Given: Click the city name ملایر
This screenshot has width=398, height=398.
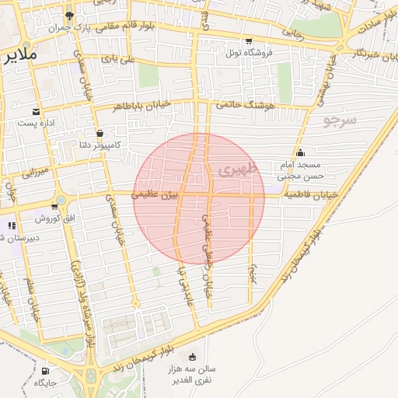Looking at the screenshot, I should coord(16,56).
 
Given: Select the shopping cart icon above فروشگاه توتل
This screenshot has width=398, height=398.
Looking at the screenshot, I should coord(248,41).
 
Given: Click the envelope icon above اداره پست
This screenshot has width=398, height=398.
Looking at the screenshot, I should coord(36,112).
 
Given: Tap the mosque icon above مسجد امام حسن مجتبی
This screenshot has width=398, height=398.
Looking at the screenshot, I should coord(300,152).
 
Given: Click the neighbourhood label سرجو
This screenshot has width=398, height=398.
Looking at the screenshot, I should coord(340,120).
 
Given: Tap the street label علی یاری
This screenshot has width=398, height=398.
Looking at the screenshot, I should coord(122,59).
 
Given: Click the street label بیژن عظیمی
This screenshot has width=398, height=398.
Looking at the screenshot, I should coord(156,193).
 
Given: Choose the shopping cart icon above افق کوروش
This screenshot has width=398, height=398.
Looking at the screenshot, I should coord(54,206).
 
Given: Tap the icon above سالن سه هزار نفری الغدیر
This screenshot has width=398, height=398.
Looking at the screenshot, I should coord(192,357).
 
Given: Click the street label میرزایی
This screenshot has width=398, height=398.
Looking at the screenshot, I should coord(36,172).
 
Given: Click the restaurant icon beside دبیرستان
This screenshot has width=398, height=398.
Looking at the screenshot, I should coord(11,225).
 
